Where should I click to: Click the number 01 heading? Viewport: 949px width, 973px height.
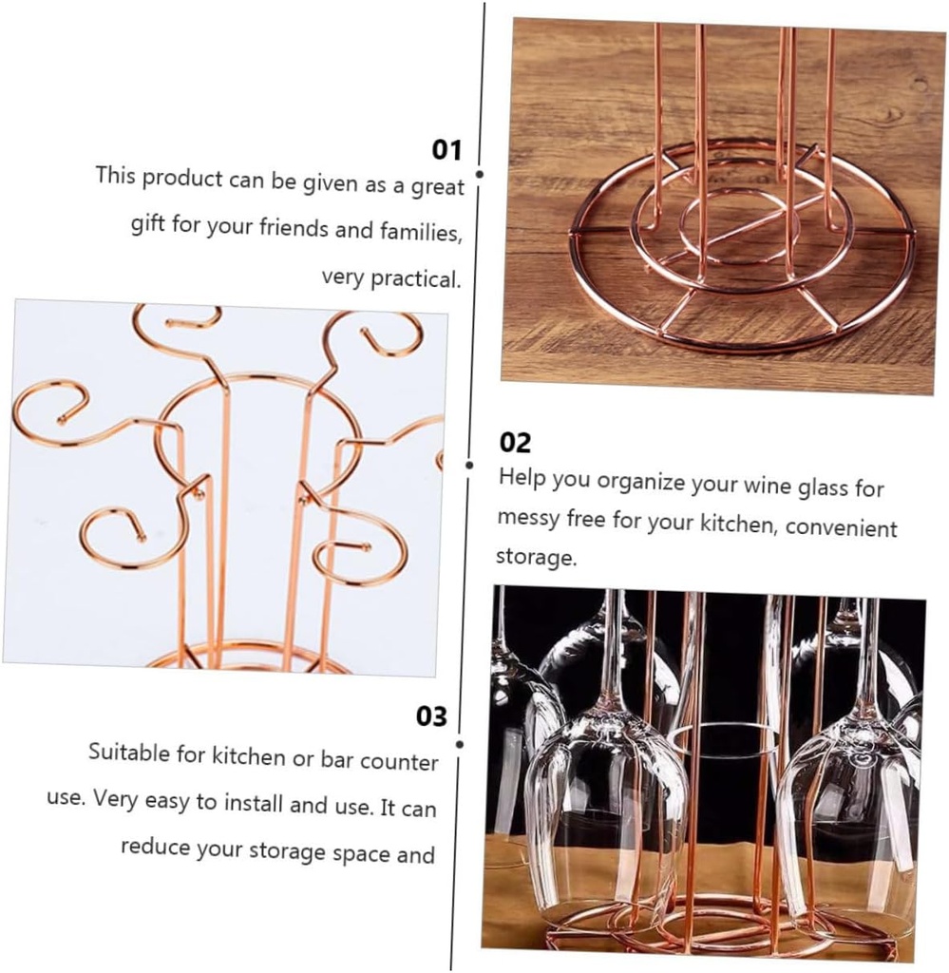click(x=446, y=150)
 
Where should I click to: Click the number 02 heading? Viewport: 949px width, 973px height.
click(x=515, y=443)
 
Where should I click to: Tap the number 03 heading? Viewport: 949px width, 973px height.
click(x=431, y=715)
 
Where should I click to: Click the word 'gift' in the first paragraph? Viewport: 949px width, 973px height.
click(x=147, y=227)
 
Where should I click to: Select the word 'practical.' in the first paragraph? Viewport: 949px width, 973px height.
click(x=391, y=278)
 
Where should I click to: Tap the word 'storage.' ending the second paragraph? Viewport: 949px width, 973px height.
click(x=536, y=557)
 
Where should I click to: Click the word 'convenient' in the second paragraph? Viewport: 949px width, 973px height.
click(x=841, y=527)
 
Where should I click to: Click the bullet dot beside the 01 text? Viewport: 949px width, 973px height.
click(x=480, y=175)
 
